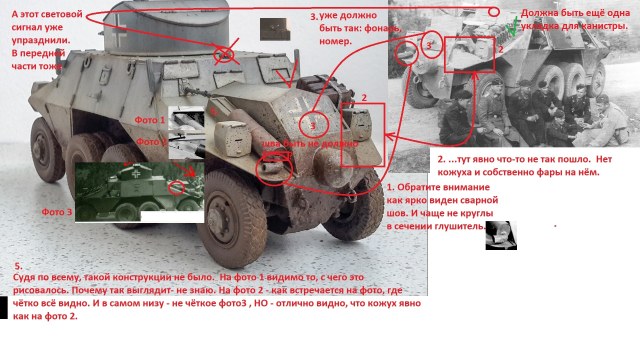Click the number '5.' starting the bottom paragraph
tap(18, 267)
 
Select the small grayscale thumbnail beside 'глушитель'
tap(501, 235)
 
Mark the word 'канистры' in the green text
tap(588, 27)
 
